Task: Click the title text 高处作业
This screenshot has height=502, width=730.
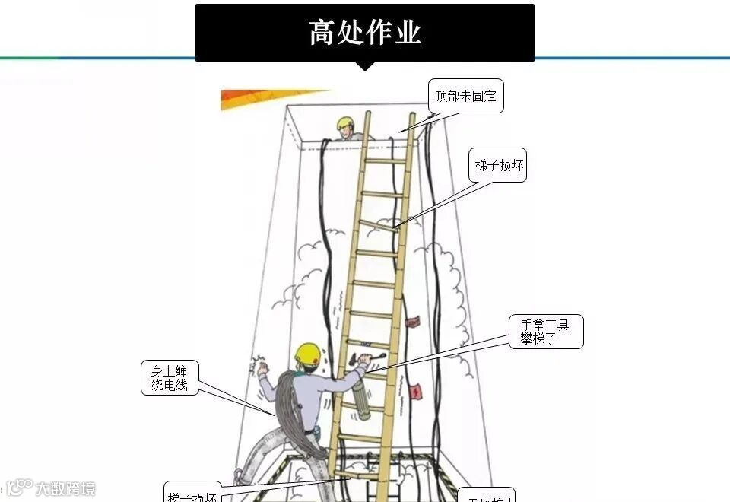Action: tap(365, 33)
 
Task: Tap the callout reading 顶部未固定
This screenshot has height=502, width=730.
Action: tap(465, 97)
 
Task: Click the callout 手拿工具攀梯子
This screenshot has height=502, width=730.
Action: tap(545, 332)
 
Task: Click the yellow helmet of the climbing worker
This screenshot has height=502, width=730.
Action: tap(307, 352)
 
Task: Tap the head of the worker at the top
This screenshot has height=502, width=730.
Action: tap(346, 126)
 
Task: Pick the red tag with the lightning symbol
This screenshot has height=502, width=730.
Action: tap(415, 392)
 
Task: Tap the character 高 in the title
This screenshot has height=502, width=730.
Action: tap(322, 33)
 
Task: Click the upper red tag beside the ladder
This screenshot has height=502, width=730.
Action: tap(413, 323)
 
